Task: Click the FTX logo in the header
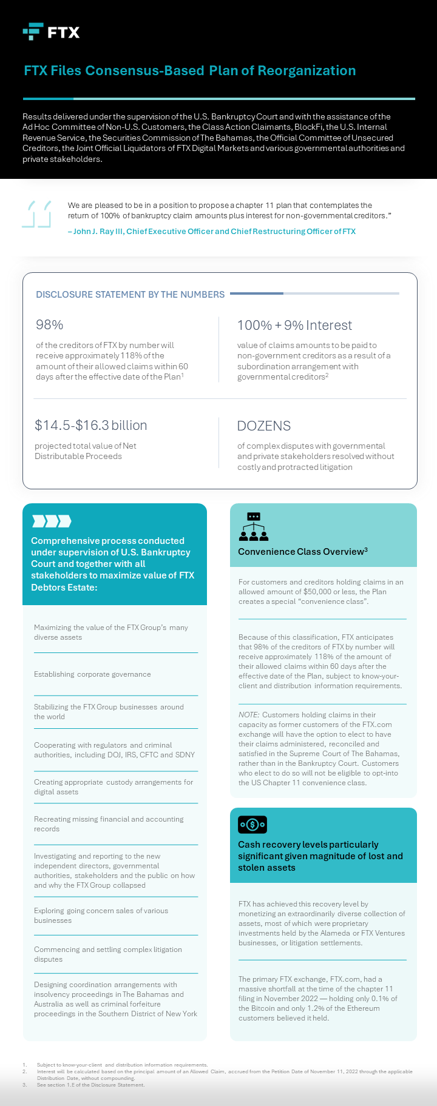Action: point(51,32)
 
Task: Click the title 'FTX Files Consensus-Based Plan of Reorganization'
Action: point(189,70)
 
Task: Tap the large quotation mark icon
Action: point(36,214)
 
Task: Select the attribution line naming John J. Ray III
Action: point(211,232)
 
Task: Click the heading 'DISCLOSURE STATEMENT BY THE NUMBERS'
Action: point(130,295)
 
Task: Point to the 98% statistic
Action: point(50,325)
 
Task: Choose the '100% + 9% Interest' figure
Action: point(294,326)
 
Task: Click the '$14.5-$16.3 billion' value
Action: point(91,426)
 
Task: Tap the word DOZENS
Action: point(264,426)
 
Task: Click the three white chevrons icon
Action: point(52,521)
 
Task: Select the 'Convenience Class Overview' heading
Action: point(302,552)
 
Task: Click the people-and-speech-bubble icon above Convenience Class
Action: point(254,527)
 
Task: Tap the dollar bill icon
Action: point(252,825)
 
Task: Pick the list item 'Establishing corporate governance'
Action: point(92,674)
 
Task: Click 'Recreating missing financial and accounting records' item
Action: point(109,824)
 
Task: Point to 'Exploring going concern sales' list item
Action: point(101,916)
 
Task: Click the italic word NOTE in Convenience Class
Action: point(249,715)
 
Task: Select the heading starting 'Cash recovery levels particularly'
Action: point(320,856)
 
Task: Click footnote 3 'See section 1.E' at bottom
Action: point(91,1085)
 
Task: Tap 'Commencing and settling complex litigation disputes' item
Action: point(108,954)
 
